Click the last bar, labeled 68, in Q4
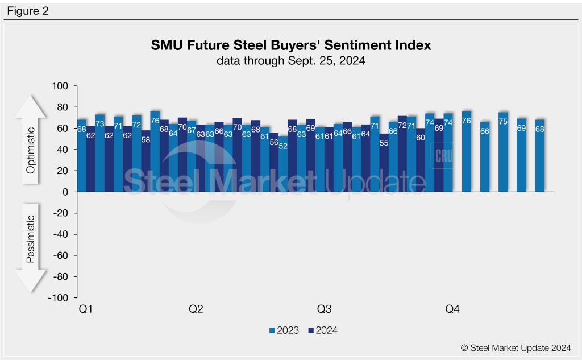539,156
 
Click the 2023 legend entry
284,330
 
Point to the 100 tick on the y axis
60,86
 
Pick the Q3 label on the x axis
324,309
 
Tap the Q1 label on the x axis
85,309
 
